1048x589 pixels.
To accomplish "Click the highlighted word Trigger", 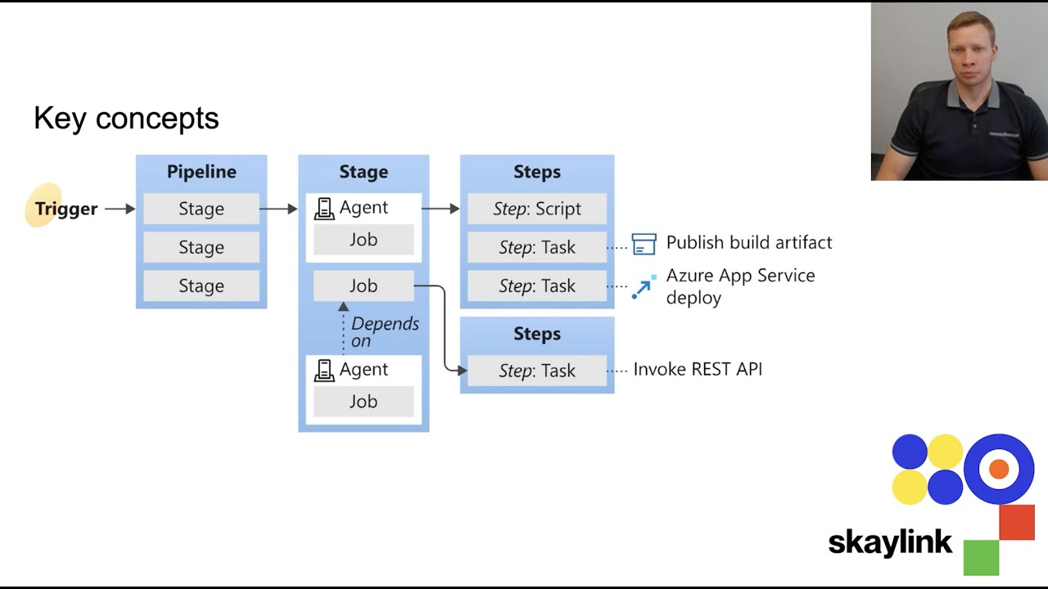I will click(x=65, y=209).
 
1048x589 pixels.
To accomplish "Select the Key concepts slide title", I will click(x=126, y=119).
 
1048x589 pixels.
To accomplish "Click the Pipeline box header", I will click(x=201, y=172).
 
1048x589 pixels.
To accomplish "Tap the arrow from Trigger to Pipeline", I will click(x=120, y=209).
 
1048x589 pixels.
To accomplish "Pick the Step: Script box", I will click(x=537, y=209).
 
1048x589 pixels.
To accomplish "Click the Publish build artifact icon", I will click(x=644, y=244).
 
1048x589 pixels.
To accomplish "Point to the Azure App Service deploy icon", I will click(x=644, y=287).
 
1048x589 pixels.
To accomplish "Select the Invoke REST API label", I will click(x=698, y=369).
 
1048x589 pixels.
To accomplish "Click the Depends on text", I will click(x=383, y=332).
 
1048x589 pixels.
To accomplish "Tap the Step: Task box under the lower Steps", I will click(x=537, y=371).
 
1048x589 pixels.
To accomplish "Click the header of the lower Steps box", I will click(x=537, y=334).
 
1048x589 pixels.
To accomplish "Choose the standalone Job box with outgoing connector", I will click(x=364, y=286).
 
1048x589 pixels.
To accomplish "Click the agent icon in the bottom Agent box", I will click(x=324, y=370).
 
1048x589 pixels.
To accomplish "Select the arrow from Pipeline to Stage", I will click(x=279, y=209).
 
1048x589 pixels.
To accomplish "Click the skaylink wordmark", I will click(x=890, y=542).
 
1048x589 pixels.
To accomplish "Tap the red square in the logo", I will click(x=1017, y=523).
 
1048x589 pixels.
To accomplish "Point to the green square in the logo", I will click(x=981, y=557).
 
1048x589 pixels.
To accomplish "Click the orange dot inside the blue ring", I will click(x=998, y=469).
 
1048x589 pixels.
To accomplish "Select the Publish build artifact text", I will click(x=749, y=242).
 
